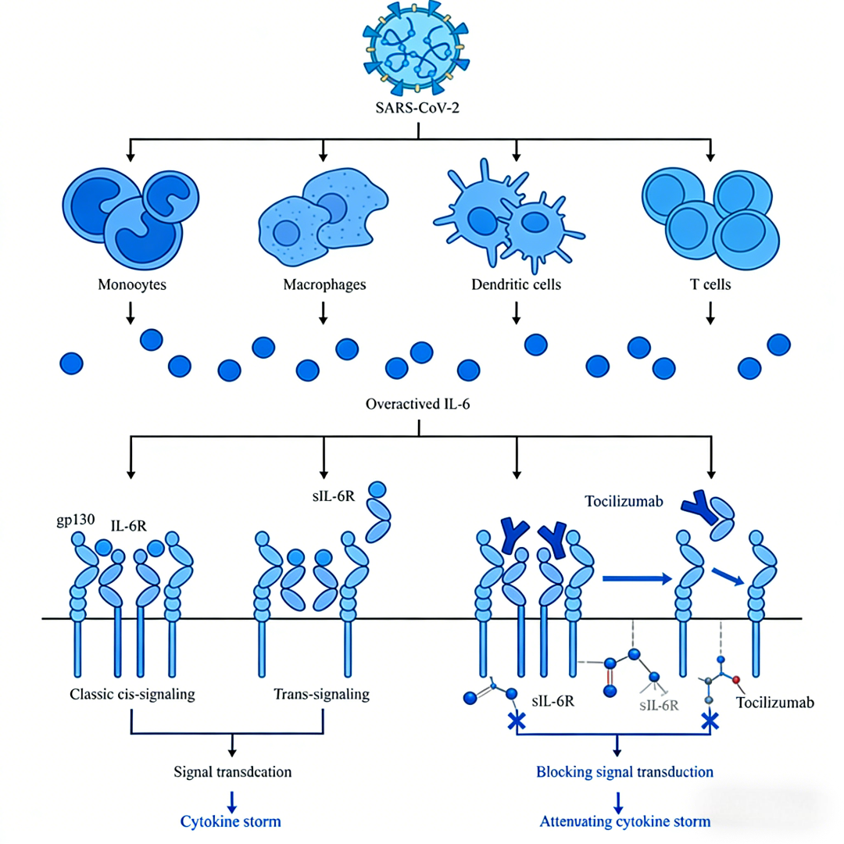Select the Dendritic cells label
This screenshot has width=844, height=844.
tap(517, 284)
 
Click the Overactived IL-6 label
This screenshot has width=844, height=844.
tap(419, 405)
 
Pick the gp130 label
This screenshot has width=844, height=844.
tap(71, 519)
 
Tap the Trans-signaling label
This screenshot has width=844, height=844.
tap(321, 694)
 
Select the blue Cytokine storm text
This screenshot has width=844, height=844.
tap(231, 821)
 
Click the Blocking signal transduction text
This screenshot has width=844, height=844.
tap(624, 772)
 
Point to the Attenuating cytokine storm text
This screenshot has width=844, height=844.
tap(624, 821)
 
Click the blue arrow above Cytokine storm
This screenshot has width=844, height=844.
tap(232, 799)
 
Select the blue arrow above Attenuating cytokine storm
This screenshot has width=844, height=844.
tap(618, 799)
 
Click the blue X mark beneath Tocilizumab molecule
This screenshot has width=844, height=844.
tap(709, 721)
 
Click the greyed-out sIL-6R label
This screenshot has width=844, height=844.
tap(659, 706)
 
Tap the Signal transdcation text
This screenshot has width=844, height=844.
tap(232, 772)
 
